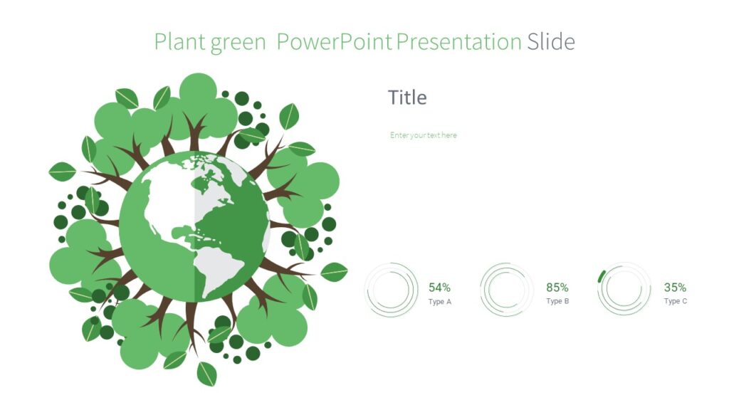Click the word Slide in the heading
[x=550, y=42]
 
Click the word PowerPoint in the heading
[x=334, y=42]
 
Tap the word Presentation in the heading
[x=458, y=42]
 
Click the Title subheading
[x=407, y=98]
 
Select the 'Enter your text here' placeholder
[x=424, y=135]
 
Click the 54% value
[x=439, y=288]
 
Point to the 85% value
[x=557, y=288]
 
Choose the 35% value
[x=675, y=288]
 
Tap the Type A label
[x=439, y=302]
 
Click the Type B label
[x=557, y=302]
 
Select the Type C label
[x=675, y=302]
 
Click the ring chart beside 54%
[x=391, y=290]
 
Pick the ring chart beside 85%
[x=507, y=290]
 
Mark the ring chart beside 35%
[x=624, y=290]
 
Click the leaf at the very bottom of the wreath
[x=206, y=373]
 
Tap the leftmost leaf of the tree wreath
[x=62, y=172]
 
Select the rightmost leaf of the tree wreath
[x=334, y=272]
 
